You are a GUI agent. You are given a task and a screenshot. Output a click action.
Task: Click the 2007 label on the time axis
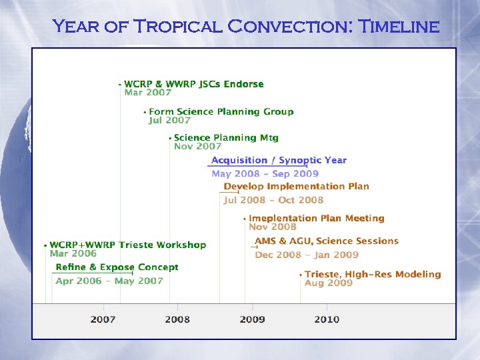pyautogui.click(x=103, y=319)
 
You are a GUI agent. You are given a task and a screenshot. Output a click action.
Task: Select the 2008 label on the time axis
pyautogui.click(x=177, y=319)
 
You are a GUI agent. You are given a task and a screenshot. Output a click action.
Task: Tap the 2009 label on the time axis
pyautogui.click(x=252, y=319)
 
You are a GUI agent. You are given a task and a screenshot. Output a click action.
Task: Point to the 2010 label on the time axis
pyautogui.click(x=327, y=319)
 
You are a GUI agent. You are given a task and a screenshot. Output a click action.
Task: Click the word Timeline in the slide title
pyautogui.click(x=399, y=27)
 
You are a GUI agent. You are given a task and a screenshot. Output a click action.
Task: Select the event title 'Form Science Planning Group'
pyautogui.click(x=221, y=111)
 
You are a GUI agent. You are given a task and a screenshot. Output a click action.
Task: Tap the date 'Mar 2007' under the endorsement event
pyautogui.click(x=147, y=93)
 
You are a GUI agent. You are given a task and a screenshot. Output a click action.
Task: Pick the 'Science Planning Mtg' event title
pyautogui.click(x=226, y=137)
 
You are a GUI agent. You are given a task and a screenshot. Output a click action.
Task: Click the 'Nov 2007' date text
pyautogui.click(x=197, y=147)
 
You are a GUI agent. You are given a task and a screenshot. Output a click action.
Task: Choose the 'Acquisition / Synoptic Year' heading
pyautogui.click(x=279, y=161)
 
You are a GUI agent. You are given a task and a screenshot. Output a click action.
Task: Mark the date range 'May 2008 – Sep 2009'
pyautogui.click(x=265, y=174)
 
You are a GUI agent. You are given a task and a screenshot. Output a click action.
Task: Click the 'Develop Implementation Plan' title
pyautogui.click(x=296, y=187)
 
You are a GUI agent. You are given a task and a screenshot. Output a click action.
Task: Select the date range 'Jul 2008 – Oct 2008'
pyautogui.click(x=273, y=200)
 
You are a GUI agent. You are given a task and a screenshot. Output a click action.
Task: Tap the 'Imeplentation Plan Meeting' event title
pyautogui.click(x=317, y=218)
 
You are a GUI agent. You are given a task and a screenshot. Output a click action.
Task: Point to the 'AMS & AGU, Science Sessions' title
pyautogui.click(x=327, y=241)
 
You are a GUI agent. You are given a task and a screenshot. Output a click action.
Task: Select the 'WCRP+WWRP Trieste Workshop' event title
pyautogui.click(x=128, y=245)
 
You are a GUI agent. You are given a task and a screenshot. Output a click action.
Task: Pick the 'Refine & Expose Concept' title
pyautogui.click(x=117, y=267)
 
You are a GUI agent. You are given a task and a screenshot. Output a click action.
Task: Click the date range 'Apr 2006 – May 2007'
pyautogui.click(x=109, y=281)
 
